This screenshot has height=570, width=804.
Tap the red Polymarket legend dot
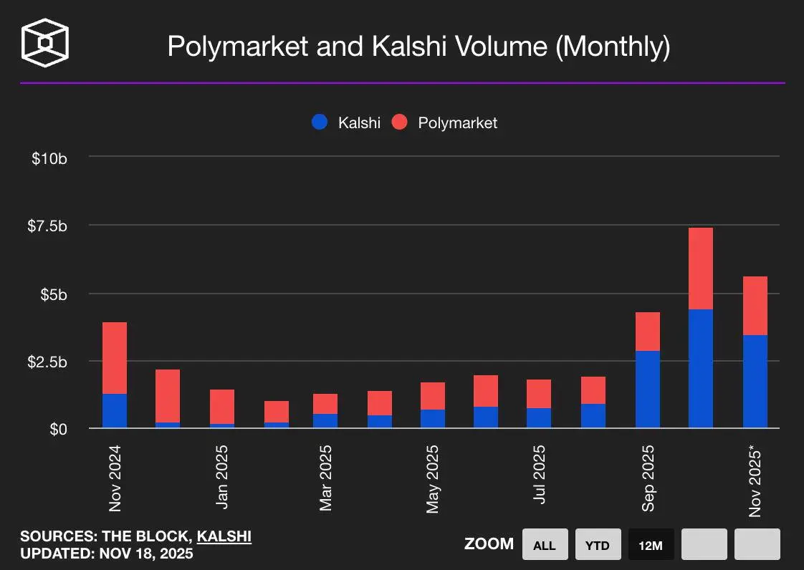pyautogui.click(x=400, y=122)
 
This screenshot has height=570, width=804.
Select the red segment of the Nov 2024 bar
pyautogui.click(x=115, y=358)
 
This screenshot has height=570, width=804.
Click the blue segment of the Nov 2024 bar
pyautogui.click(x=115, y=411)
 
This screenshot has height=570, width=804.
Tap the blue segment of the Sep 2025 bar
pyautogui.click(x=648, y=390)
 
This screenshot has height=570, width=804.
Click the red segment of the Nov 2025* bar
pyautogui.click(x=755, y=306)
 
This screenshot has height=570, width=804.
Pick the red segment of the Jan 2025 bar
pyautogui.click(x=222, y=407)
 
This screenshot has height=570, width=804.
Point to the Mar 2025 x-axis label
pyautogui.click(x=326, y=478)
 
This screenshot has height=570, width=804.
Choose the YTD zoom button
pyautogui.click(x=597, y=545)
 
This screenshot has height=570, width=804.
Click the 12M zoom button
pyautogui.click(x=650, y=545)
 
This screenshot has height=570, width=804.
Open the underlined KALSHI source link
pyautogui.click(x=224, y=536)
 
